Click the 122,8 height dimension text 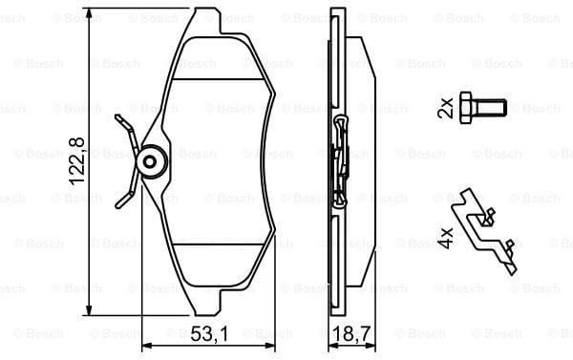click(x=77, y=161)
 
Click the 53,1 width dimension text click(x=209, y=333)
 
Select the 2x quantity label click(x=445, y=108)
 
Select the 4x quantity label click(x=445, y=238)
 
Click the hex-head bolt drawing click(x=483, y=109)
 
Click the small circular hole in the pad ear click(x=150, y=162)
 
